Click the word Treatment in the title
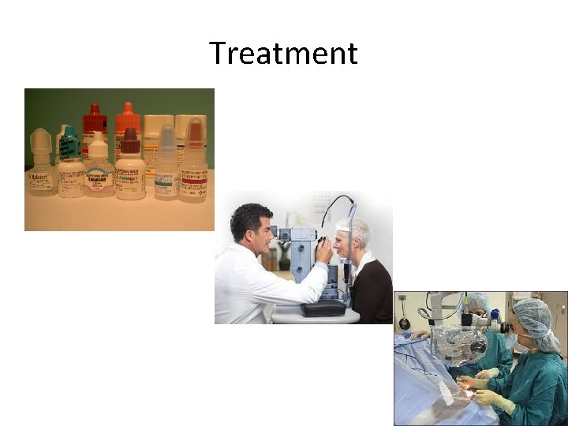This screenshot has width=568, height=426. point(283,54)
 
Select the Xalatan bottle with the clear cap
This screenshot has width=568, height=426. point(40,166)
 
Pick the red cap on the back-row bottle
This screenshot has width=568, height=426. point(95,119)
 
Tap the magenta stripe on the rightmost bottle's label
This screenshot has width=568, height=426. point(192,180)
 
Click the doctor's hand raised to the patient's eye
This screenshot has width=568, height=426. point(323,252)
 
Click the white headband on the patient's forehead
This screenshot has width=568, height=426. point(342,227)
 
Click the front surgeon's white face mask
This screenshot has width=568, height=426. point(521,345)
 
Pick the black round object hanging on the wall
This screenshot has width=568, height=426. point(404,323)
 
